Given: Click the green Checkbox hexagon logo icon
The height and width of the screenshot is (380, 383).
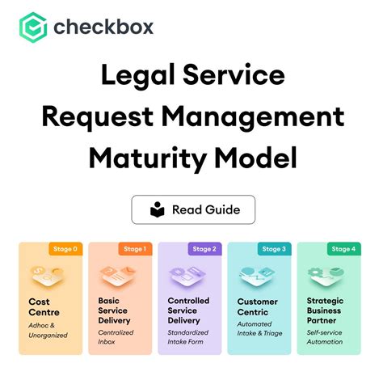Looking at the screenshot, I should [33, 28].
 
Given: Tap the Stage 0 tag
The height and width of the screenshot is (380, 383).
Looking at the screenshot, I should [65, 249].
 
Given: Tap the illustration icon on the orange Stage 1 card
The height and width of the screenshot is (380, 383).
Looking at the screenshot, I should [119, 276].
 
